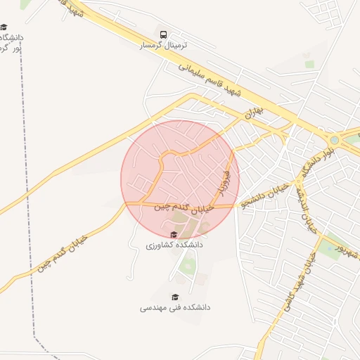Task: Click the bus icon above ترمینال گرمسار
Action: pos(164,34)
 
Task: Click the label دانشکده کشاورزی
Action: pos(174,245)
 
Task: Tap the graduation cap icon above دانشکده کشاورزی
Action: pos(174,235)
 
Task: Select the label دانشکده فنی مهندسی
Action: pos(175,307)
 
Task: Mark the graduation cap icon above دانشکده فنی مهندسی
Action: pos(175,297)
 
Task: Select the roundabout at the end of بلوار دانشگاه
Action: pos(335,139)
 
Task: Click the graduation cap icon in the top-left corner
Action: pos(4,27)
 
